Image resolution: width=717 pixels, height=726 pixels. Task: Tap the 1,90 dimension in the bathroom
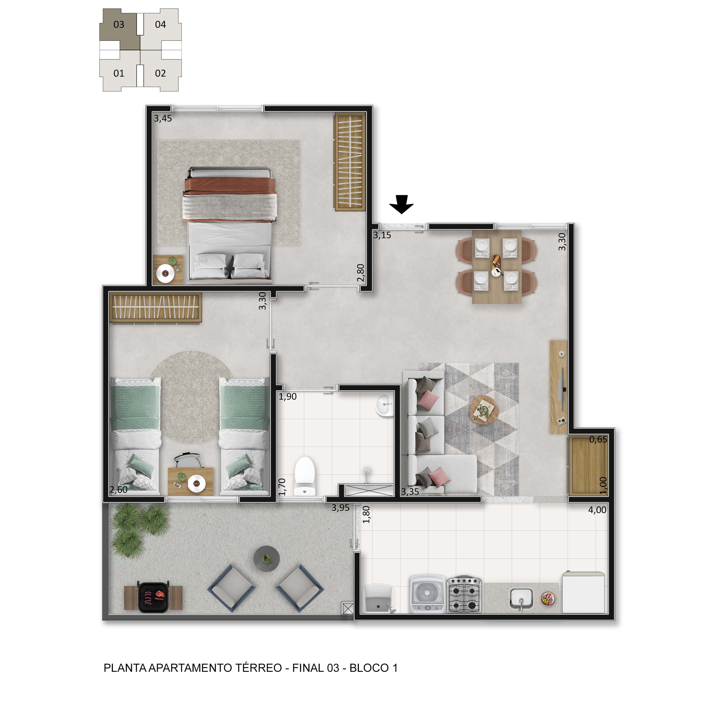[288, 397]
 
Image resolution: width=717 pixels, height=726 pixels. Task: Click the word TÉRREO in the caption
[259, 668]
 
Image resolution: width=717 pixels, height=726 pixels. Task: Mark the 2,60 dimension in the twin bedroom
[118, 490]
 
